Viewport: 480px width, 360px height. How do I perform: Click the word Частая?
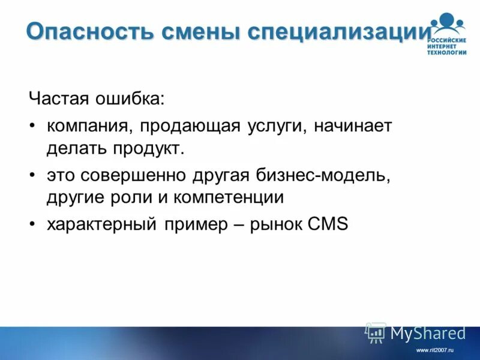click(55, 98)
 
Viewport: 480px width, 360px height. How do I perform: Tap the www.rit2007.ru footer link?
click(435, 350)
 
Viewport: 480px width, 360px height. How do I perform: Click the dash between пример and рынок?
click(244, 225)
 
